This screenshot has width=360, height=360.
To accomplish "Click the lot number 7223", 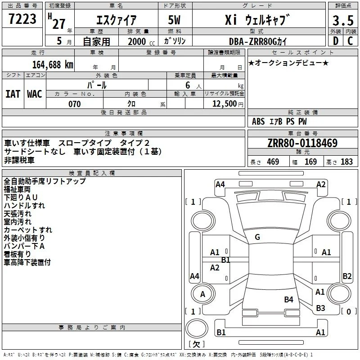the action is [22, 19].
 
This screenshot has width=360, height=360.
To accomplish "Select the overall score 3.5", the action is [343, 20].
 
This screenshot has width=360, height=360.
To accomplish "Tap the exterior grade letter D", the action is [336, 41].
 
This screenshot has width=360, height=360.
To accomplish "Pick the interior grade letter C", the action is [350, 41].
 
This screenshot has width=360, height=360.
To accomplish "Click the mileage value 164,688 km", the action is [53, 65].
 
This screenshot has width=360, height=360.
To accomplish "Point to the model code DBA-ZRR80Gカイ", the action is [258, 41].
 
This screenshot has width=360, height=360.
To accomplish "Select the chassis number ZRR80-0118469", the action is [302, 143].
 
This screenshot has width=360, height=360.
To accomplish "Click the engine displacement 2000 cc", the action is [141, 42].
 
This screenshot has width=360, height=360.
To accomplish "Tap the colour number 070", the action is [75, 104].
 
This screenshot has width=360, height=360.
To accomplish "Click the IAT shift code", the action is [13, 94].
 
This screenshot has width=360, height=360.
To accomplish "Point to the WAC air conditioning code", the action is [35, 94].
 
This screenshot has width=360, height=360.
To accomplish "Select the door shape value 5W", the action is [174, 20].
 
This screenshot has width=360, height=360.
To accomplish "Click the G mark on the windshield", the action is [257, 237].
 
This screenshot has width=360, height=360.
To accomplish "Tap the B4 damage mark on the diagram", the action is [288, 300].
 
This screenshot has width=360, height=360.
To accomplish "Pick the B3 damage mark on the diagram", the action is [320, 308].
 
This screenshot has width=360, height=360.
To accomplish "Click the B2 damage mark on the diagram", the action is [347, 276].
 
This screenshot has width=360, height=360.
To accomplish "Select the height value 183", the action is [346, 162].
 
